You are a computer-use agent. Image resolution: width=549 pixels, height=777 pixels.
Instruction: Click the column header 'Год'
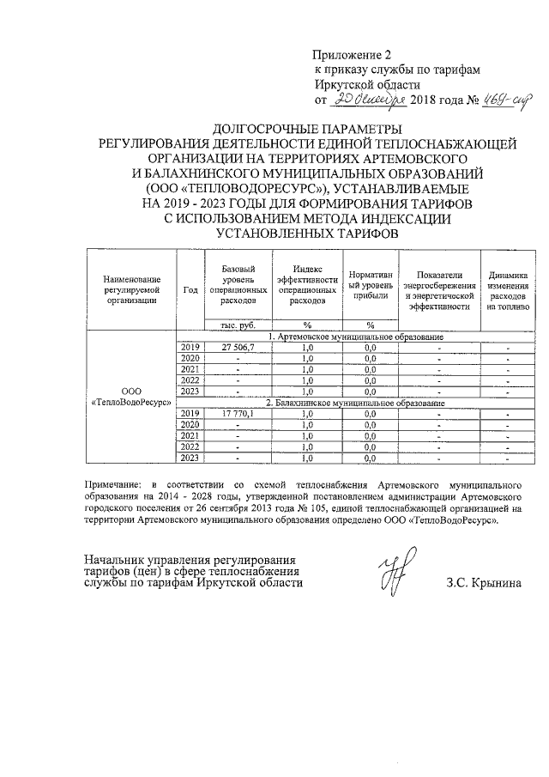pyautogui.click(x=190, y=288)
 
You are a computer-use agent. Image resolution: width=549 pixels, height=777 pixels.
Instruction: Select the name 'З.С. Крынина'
pyautogui.click(x=483, y=582)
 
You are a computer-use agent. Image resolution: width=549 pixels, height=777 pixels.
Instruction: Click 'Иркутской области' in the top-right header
pyautogui.click(x=366, y=85)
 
